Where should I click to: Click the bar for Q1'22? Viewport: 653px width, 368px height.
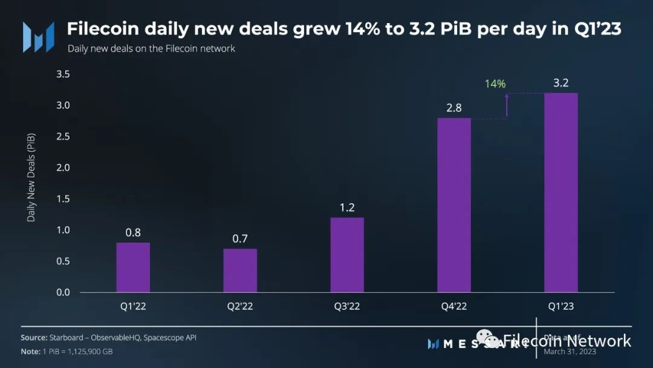click(133, 268)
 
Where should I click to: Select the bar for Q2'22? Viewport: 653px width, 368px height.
click(240, 271)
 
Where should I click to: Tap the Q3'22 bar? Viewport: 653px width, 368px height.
click(347, 255)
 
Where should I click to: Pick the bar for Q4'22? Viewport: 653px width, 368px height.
click(454, 205)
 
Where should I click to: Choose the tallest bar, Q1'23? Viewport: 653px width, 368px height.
click(561, 192)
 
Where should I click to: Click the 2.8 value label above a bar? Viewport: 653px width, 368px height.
click(453, 108)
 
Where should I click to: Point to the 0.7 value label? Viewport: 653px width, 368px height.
click(240, 238)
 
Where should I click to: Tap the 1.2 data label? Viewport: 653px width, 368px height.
click(347, 208)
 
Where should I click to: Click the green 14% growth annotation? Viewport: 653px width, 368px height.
click(495, 84)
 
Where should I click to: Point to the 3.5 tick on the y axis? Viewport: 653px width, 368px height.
click(63, 74)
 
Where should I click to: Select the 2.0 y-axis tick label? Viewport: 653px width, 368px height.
click(63, 168)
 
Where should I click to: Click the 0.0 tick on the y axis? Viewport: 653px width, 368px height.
click(63, 292)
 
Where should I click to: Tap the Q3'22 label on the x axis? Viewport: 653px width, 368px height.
click(347, 306)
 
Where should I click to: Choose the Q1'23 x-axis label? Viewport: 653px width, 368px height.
click(561, 306)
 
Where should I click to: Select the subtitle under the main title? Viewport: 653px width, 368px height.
click(151, 48)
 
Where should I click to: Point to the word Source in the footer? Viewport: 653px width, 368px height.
click(33, 338)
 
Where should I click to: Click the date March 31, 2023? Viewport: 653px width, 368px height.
click(570, 352)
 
